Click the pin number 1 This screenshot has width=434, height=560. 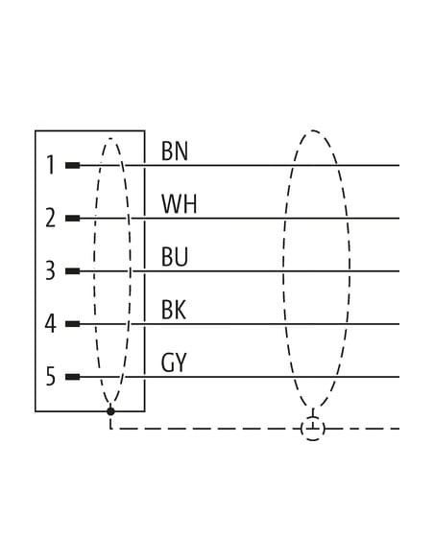point(51,165)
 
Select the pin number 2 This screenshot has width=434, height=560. point(50,218)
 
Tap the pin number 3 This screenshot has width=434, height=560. point(50,270)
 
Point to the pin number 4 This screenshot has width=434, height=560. point(50,323)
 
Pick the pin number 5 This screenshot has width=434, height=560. point(51,377)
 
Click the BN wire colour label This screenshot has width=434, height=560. point(175,152)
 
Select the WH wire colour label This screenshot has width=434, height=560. point(179,204)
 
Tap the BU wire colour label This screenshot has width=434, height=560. point(175,257)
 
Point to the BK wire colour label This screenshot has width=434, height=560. point(174,310)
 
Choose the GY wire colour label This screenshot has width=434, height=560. point(174,362)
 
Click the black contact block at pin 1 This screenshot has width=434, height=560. point(73,165)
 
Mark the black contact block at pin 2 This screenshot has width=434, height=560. point(73,219)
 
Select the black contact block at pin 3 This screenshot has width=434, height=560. point(73,271)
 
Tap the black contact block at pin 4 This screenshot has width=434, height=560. point(73,324)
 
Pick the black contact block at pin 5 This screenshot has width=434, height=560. point(73,377)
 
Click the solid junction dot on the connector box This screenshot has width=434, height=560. point(110,411)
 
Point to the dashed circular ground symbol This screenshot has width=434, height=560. point(313,428)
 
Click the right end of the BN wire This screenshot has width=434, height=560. point(399,165)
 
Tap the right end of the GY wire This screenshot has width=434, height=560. point(399,377)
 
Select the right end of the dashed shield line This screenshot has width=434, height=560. point(399,429)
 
